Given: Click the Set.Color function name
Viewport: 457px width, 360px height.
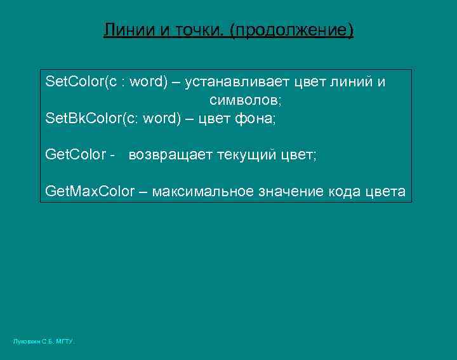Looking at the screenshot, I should point(71,83).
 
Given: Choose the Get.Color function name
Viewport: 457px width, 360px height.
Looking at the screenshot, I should point(76,155).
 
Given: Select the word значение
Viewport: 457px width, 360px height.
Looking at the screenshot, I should point(293,192).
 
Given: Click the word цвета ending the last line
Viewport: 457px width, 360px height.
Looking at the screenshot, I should point(388,192).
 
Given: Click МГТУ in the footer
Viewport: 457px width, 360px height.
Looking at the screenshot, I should point(65,342).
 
